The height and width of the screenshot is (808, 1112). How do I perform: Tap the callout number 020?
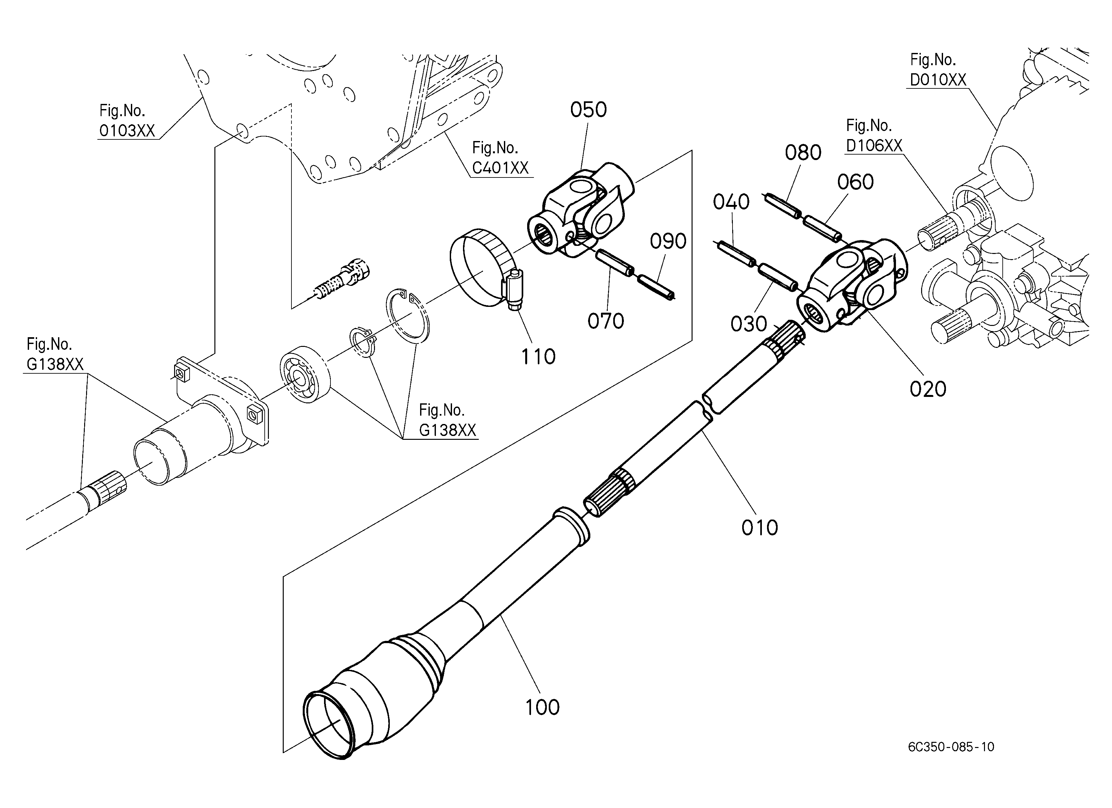[x=928, y=389]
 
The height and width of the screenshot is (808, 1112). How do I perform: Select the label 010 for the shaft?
[x=760, y=527]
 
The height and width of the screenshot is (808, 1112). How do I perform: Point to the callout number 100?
[x=542, y=707]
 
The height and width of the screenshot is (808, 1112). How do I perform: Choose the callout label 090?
[x=668, y=241]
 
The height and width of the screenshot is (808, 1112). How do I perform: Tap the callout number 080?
[x=803, y=153]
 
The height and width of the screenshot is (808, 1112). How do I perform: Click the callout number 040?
[x=731, y=202]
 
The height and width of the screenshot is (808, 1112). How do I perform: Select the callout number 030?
[x=749, y=324]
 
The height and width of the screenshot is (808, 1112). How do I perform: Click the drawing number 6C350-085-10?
[x=951, y=747]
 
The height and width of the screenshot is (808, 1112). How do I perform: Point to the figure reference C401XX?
[x=500, y=168]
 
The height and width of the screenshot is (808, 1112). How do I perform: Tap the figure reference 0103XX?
[x=127, y=130]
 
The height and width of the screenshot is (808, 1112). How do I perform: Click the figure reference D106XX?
[x=874, y=145]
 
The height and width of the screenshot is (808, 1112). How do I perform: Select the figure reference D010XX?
[x=938, y=79]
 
